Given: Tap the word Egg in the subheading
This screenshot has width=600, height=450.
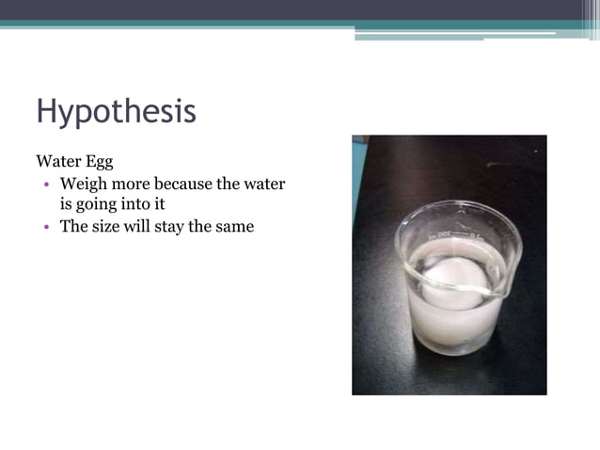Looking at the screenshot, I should click(x=99, y=161).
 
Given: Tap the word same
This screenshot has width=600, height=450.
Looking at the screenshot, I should click(x=233, y=226).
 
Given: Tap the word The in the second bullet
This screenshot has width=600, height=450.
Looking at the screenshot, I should click(x=74, y=226).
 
